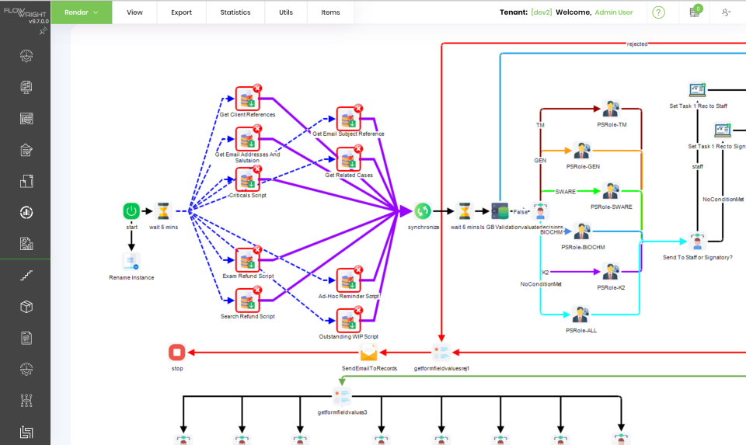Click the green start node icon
[131, 211]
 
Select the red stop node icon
[177, 353]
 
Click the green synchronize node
[423, 211]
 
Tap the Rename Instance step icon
[131, 262]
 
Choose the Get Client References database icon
[246, 99]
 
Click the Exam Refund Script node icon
[246, 260]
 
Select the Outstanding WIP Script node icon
[347, 320]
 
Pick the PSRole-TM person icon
[611, 109]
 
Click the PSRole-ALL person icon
[580, 315]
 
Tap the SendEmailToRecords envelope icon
[369, 353]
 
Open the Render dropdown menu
[82, 12]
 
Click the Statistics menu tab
[235, 12]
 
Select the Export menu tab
[181, 12]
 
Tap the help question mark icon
[659, 12]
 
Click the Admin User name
[614, 12]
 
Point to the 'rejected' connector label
[637, 44]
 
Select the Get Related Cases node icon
[347, 160]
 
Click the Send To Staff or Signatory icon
[697, 242]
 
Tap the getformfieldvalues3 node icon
[342, 397]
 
